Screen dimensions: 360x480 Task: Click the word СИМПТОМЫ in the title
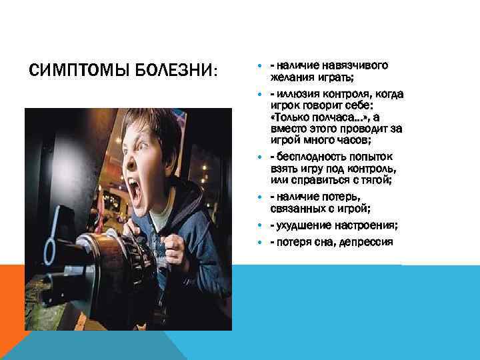(74, 70)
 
